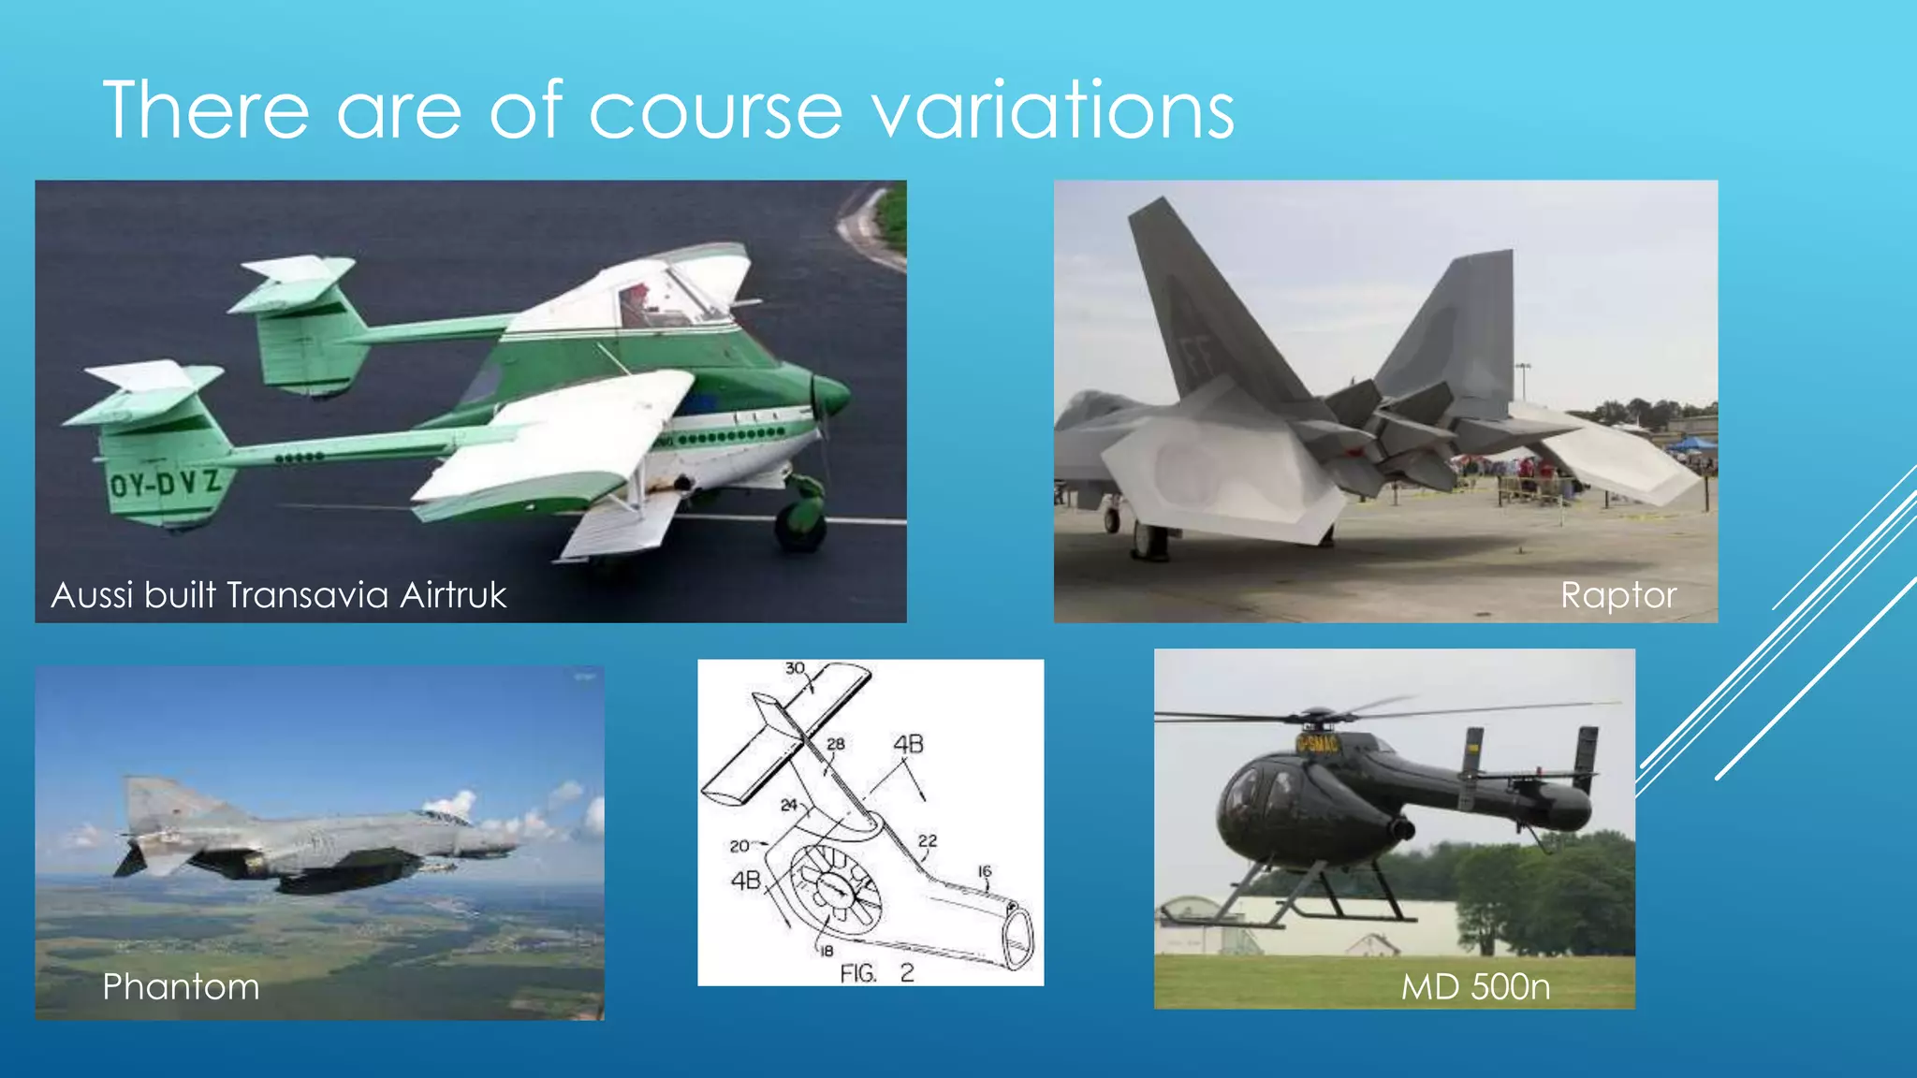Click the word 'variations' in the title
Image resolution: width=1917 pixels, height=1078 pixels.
[x=1053, y=110]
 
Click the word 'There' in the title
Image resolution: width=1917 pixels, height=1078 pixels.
[x=206, y=110]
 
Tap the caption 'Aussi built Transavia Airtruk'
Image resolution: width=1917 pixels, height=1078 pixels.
[x=279, y=595]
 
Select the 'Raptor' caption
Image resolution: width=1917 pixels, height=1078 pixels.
[x=1618, y=595]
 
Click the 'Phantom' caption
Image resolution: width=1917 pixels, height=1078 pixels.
[x=181, y=986]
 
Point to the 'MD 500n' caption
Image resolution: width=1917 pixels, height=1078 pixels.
[x=1475, y=986]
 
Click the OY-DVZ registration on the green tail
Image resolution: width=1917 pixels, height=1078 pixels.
[x=166, y=484]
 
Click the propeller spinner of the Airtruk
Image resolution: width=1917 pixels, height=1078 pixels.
[x=836, y=397]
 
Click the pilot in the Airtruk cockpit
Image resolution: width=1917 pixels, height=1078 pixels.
[x=637, y=304]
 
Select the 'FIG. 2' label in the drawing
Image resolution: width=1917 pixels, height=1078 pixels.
[x=876, y=973]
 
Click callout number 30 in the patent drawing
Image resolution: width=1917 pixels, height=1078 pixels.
[x=795, y=668]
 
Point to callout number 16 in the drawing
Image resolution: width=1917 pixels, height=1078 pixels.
[x=984, y=871]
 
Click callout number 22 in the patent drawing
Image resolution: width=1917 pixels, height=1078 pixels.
[x=927, y=840]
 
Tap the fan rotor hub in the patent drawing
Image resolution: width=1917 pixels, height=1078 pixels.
[x=833, y=890]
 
